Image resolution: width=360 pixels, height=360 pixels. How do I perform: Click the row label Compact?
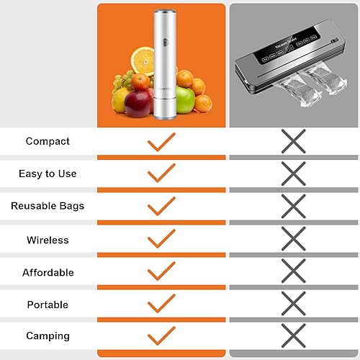pos(48,141)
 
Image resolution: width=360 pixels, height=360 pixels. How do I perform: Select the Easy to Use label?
pos(48,174)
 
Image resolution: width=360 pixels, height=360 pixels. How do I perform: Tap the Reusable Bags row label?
pos(48,206)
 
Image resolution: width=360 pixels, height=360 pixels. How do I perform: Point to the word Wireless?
pos(48,240)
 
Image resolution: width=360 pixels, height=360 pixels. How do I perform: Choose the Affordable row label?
pos(48,273)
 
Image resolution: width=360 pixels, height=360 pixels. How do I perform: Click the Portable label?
pos(48,305)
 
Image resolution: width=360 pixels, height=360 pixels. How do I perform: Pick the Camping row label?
pos(48,336)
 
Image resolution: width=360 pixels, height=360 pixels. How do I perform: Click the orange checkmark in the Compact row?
pos(161,141)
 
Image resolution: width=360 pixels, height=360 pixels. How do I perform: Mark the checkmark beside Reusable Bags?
pos(161,207)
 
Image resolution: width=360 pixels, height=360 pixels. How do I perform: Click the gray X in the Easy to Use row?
pos(293,173)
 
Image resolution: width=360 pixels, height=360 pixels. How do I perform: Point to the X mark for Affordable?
pos(293,271)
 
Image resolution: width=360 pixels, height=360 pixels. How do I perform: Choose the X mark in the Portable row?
pos(293,303)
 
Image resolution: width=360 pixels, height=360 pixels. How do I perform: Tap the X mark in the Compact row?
pos(293,140)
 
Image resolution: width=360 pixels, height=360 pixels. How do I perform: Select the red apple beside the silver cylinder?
pos(137,103)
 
